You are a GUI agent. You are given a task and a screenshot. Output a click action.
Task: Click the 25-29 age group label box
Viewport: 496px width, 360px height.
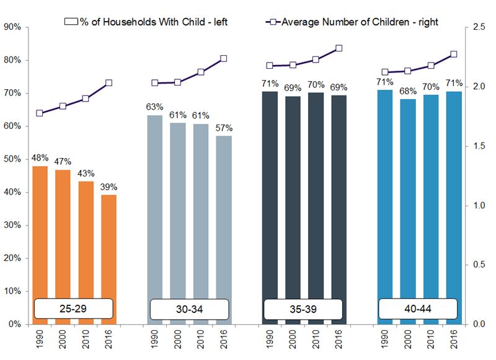[74, 308]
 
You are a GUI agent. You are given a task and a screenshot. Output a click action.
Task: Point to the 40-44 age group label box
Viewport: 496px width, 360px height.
[418, 308]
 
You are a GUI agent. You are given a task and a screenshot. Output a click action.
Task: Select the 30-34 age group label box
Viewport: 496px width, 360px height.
[188, 308]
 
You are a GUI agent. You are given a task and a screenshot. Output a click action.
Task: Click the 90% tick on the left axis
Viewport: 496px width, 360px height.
[13, 27]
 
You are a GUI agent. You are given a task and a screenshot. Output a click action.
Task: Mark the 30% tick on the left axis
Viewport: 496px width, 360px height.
[13, 225]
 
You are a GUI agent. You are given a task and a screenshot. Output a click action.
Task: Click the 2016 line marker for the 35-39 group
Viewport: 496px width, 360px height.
[339, 48]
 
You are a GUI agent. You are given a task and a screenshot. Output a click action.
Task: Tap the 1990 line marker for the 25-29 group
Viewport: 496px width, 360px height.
[40, 113]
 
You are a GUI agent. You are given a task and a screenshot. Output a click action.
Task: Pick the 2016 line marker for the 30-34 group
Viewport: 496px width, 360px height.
[224, 58]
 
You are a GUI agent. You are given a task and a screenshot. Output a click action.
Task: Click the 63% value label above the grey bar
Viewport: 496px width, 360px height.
[154, 107]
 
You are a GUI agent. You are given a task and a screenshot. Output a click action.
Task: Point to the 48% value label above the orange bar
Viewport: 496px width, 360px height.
[40, 157]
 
